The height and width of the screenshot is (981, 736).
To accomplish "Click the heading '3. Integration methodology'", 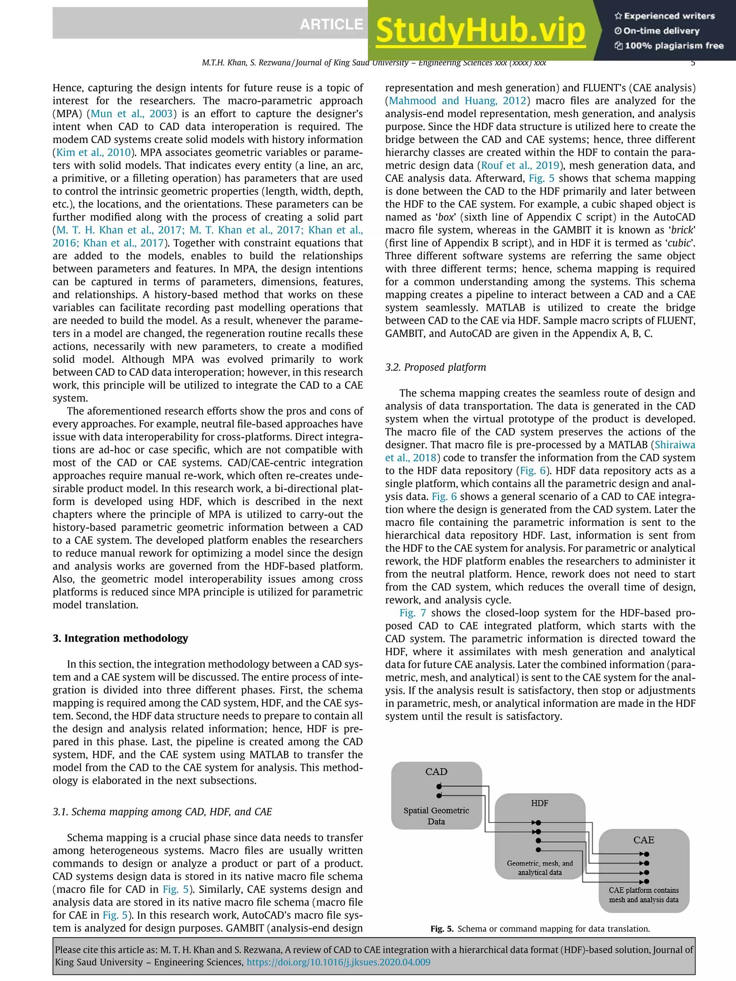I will click(120, 638).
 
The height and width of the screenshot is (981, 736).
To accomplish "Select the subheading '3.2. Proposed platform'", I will click(435, 367).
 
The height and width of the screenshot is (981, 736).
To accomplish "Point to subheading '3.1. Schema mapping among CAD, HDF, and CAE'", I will click(162, 811).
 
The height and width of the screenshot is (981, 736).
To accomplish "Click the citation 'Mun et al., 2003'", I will click(131, 114).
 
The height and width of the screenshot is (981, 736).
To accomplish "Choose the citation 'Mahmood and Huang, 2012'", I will click(457, 101).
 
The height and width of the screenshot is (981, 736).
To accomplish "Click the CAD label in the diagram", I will click(436, 772).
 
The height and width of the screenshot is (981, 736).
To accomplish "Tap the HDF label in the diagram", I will click(539, 803).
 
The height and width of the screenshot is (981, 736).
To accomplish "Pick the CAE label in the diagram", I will click(643, 840).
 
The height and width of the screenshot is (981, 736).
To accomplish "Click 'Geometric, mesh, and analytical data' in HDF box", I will click(539, 868).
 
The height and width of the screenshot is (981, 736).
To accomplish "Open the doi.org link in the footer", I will click(338, 962).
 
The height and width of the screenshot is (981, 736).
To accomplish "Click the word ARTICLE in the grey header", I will click(331, 24).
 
